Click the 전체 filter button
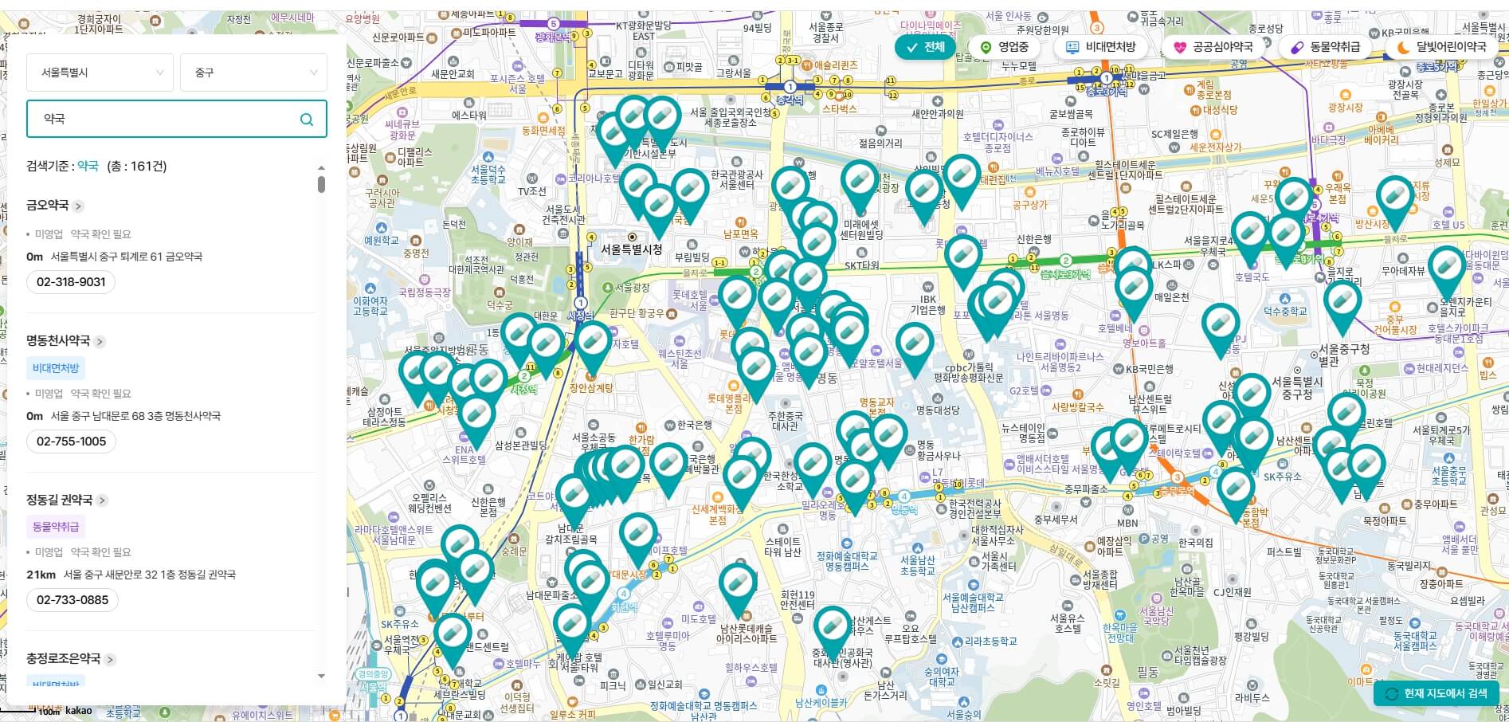tap(924, 47)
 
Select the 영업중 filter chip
tap(1005, 48)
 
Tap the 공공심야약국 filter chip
tap(1213, 48)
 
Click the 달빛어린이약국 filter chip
tap(1441, 48)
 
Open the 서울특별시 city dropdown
tap(100, 73)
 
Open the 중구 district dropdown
tap(253, 73)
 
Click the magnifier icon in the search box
tap(307, 120)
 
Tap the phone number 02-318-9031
tap(71, 282)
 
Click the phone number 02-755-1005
tap(71, 441)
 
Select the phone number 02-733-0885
tap(73, 600)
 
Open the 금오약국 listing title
tap(48, 206)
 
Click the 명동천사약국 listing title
tap(58, 341)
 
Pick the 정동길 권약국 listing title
tap(60, 500)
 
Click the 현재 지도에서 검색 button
tap(1436, 693)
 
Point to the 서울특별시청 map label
tap(631, 249)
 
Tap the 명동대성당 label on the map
tap(937, 410)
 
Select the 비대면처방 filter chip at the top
tap(1102, 48)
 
